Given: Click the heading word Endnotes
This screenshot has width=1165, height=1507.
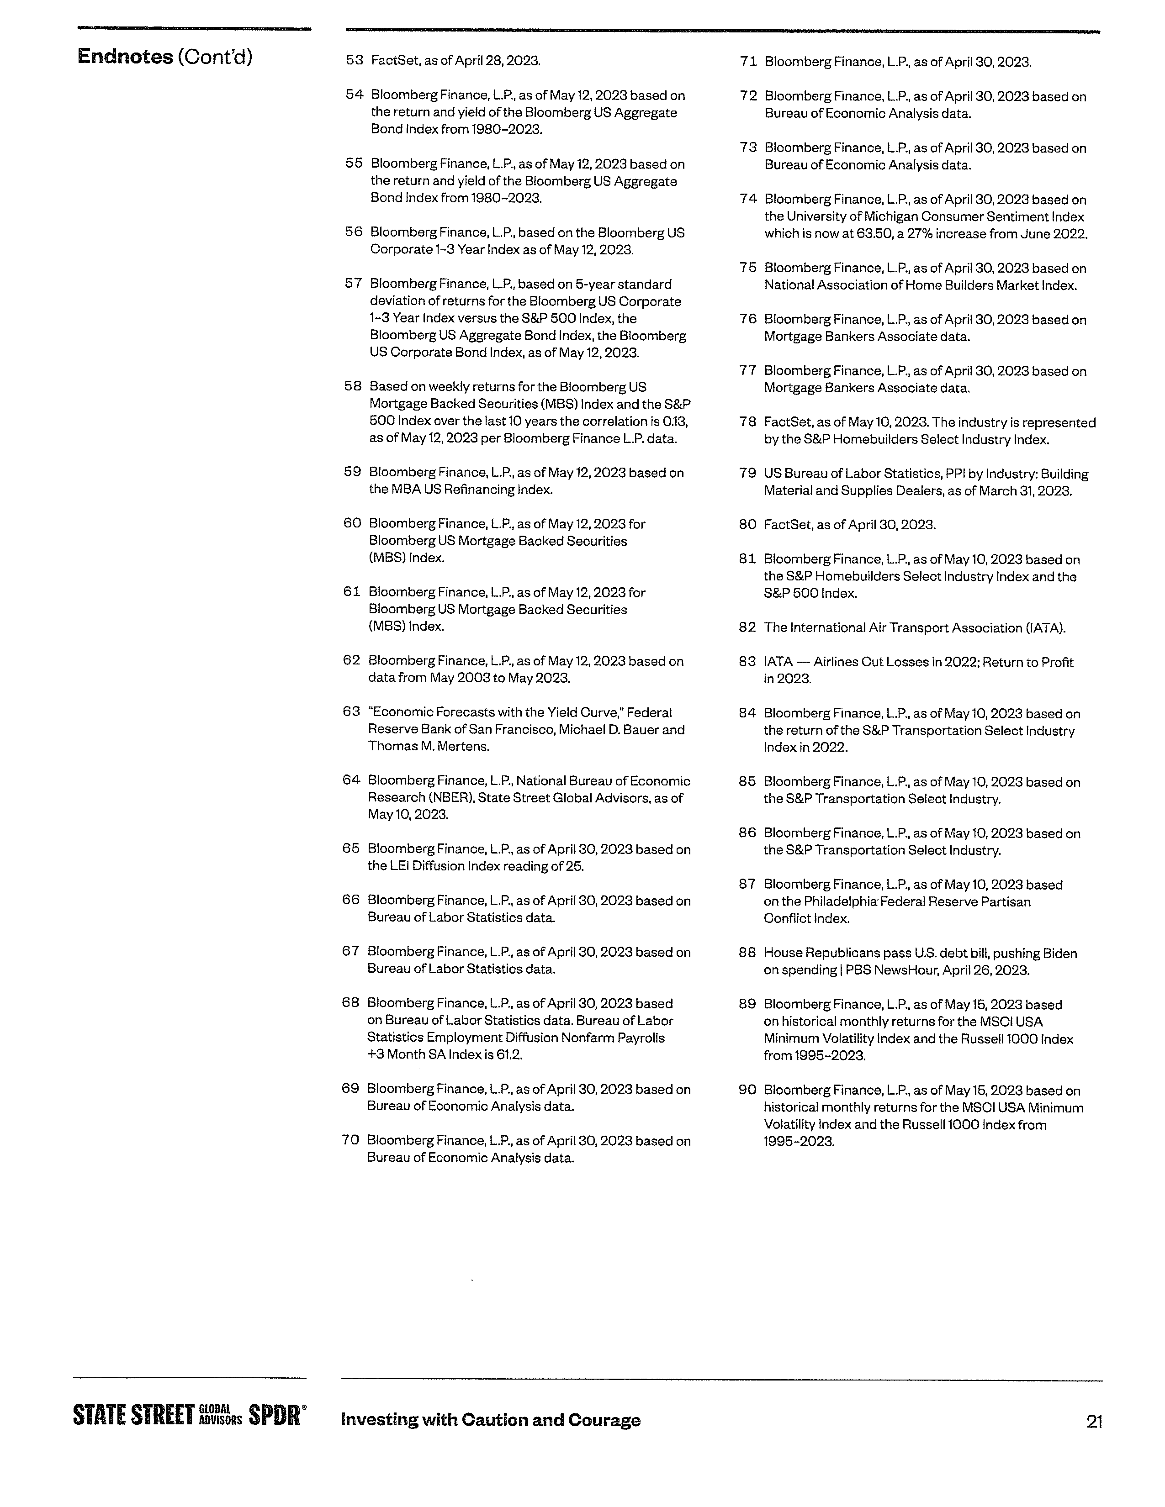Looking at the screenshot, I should click(125, 57).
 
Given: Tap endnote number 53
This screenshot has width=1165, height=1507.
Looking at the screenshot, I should click(354, 60).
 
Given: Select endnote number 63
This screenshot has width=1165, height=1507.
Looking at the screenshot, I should click(351, 711).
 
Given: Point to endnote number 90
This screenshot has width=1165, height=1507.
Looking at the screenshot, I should click(747, 1090).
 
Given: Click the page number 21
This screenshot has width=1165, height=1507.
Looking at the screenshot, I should click(1094, 1422).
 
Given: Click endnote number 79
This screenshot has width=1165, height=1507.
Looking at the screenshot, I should click(747, 474).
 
